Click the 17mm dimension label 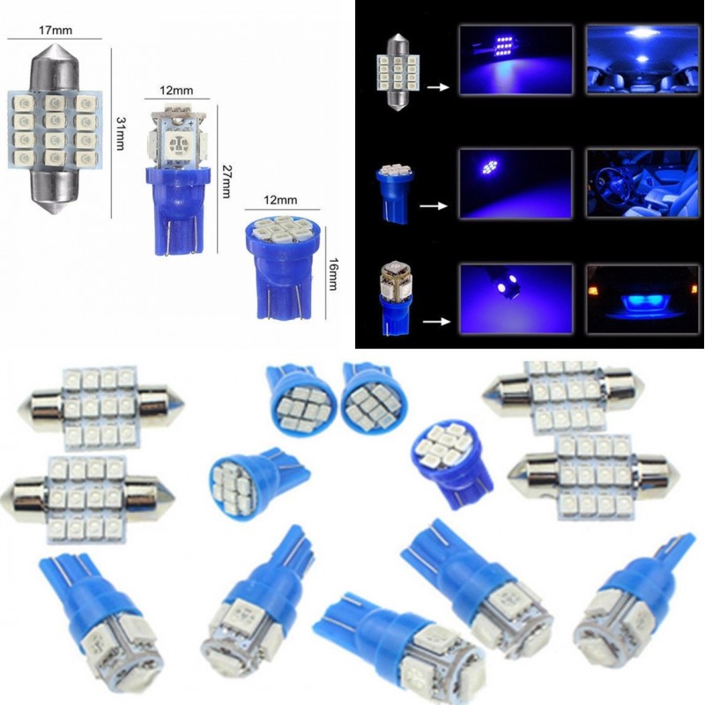[x=56, y=30]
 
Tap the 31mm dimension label [x=120, y=133]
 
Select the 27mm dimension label [x=226, y=182]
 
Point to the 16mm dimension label [x=333, y=274]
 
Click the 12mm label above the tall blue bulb [x=176, y=90]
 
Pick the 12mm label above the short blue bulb [x=280, y=199]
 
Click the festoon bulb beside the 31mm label [x=55, y=129]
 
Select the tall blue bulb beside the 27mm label [x=177, y=180]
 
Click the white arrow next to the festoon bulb [x=437, y=87]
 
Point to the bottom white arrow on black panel [x=436, y=322]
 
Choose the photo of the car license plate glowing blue [x=642, y=299]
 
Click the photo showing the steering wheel [x=642, y=183]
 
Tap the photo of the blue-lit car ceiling [x=642, y=59]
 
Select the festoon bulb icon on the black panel [x=398, y=71]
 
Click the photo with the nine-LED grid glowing [x=516, y=60]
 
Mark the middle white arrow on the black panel [x=434, y=206]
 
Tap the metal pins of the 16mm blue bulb [x=283, y=302]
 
